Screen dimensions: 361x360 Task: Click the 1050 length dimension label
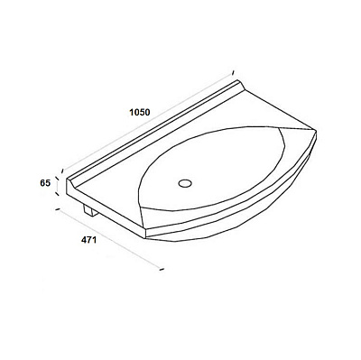(x=140, y=112)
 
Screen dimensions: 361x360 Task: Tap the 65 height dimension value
(x=45, y=182)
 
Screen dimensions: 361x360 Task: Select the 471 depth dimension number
(x=88, y=240)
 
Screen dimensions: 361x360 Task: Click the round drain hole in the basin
(x=185, y=183)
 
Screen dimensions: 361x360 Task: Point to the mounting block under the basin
(x=90, y=210)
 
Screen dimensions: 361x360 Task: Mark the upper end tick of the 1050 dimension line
(x=233, y=72)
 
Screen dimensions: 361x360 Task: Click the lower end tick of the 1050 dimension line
(x=62, y=171)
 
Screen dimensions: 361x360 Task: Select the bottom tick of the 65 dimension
(x=57, y=193)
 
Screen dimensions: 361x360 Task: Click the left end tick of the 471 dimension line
(x=59, y=209)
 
